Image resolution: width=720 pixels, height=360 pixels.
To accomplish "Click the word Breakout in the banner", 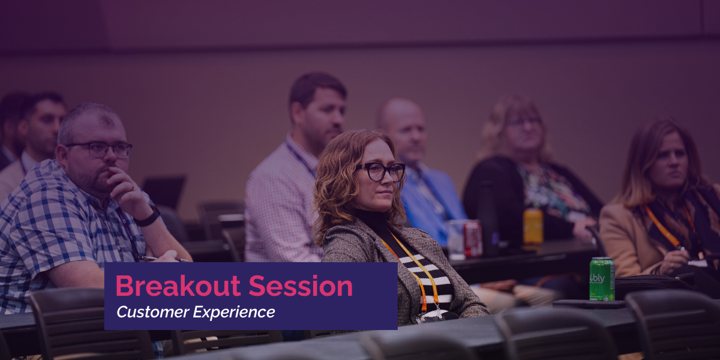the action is coord(178,286).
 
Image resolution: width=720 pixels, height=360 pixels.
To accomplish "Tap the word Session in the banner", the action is coord(301,286).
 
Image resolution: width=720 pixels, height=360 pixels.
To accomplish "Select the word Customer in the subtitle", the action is coord(152,312).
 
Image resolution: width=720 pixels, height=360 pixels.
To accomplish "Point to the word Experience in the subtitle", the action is coord(234,313).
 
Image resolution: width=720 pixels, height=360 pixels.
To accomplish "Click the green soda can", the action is coord(602,279).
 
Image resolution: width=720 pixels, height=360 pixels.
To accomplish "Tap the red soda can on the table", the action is coord(473,239).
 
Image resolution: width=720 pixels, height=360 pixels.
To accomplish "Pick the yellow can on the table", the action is coord(533,226).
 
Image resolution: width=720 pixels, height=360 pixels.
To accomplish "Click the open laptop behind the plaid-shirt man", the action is coord(164,192).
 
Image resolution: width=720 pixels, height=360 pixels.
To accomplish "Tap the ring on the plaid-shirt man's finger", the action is coord(133,187).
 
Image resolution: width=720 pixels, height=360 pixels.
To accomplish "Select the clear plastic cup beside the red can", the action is coord(457,240).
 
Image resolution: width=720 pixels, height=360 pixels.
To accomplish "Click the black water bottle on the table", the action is coord(488,218).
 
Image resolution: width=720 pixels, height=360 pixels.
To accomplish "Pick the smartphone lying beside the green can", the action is coord(589,304).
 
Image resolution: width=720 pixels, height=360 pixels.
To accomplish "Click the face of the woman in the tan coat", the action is coord(672,161).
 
